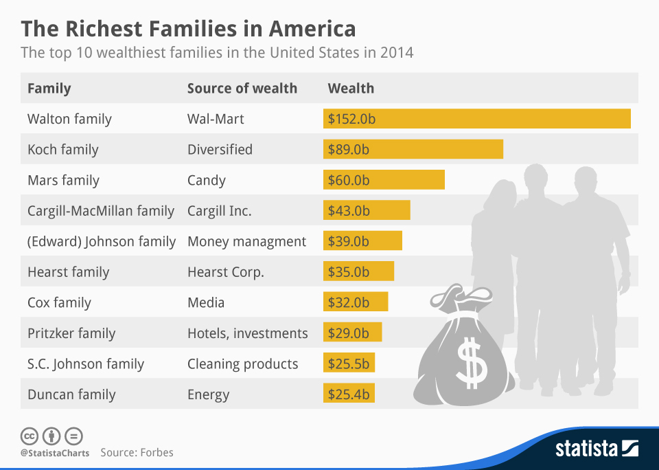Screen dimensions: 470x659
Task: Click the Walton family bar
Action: click(476, 119)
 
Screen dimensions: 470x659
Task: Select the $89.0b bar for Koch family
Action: click(413, 149)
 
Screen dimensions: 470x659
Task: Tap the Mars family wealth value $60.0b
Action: click(349, 180)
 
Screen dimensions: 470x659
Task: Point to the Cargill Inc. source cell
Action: click(219, 211)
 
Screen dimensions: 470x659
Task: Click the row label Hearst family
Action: click(68, 272)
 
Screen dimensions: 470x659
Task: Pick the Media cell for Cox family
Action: click(206, 302)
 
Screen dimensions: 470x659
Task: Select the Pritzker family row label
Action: click(71, 333)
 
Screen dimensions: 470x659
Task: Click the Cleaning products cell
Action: click(242, 363)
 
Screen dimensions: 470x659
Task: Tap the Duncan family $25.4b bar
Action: click(349, 394)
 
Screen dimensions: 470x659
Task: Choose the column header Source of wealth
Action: click(242, 88)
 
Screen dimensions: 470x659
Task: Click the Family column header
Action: click(49, 88)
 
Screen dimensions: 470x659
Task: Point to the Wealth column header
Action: click(351, 88)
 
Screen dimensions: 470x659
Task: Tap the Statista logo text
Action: click(586, 449)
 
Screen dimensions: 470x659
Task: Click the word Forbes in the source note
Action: click(157, 452)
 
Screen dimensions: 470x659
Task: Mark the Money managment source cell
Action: click(246, 241)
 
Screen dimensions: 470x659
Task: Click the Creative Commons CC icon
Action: click(30, 436)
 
